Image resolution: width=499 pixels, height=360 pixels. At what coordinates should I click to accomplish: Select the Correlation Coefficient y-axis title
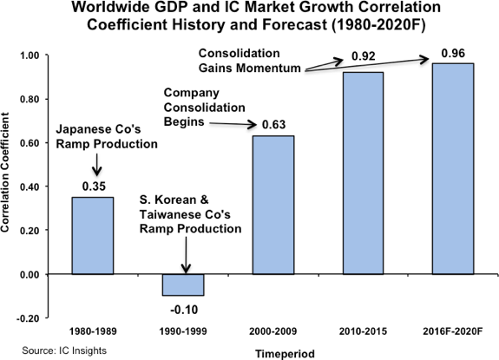coord(10,187)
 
